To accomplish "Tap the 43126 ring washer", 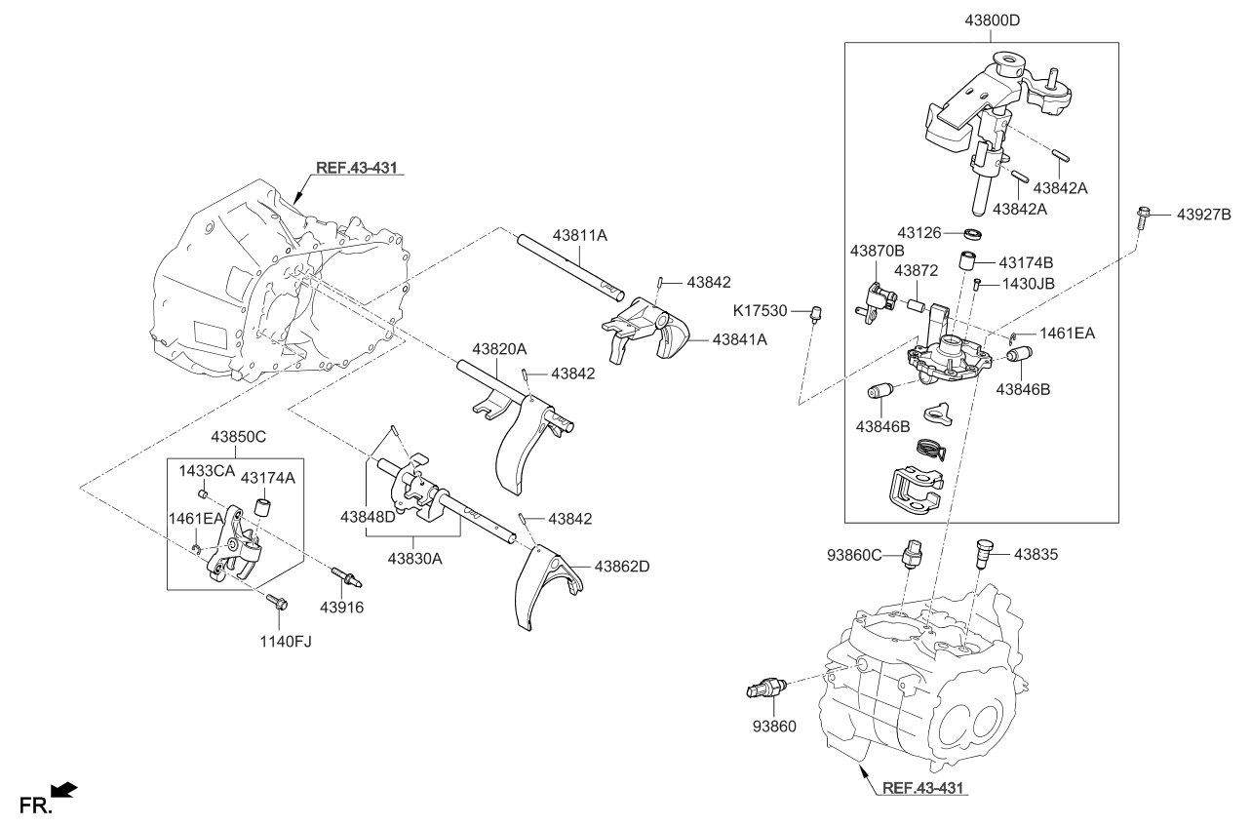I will pyautogui.click(x=970, y=234).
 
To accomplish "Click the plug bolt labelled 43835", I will pyautogui.click(x=984, y=553).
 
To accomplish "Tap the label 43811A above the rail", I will pyautogui.click(x=579, y=235).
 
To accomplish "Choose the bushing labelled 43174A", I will pyautogui.click(x=262, y=507).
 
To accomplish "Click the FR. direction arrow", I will pyautogui.click(x=63, y=790).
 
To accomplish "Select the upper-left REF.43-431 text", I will pyautogui.click(x=357, y=168).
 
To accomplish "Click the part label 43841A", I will pyautogui.click(x=739, y=339).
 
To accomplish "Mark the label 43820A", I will pyautogui.click(x=499, y=349).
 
